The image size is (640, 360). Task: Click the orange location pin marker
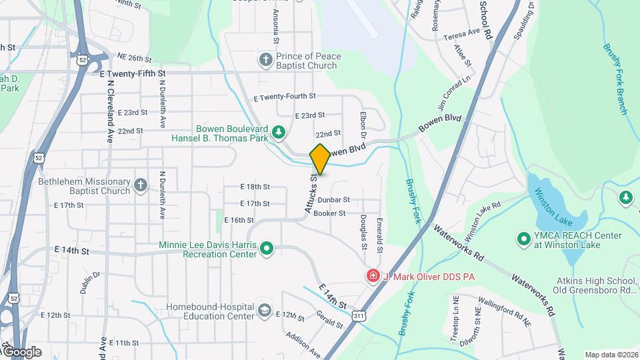(x=320, y=159)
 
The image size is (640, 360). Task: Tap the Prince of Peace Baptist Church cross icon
(x=265, y=61)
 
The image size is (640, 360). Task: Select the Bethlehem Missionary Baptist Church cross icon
(x=140, y=186)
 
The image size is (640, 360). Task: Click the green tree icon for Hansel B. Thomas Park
(x=279, y=133)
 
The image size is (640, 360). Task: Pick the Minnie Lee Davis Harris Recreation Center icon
(x=267, y=249)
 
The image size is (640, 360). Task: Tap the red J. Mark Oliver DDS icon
(x=373, y=275)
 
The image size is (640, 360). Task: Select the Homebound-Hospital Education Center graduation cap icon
(x=265, y=311)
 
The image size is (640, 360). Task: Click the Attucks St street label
(x=311, y=194)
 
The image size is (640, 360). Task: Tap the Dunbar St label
(x=333, y=200)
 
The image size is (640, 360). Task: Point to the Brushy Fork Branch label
(x=616, y=78)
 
